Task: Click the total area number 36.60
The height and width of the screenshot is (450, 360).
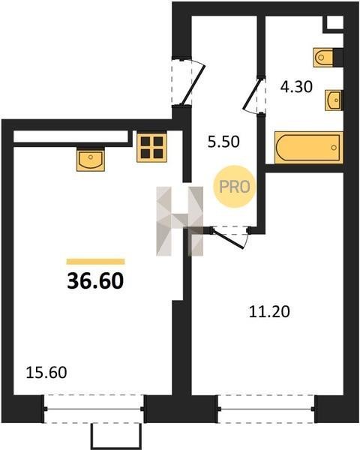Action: [x=95, y=280]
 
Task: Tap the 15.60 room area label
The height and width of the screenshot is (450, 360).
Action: [x=46, y=373]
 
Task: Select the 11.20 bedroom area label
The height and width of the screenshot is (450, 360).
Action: [x=269, y=312]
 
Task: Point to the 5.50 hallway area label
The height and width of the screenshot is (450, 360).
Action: [x=223, y=142]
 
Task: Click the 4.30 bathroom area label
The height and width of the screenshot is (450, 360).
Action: [x=296, y=87]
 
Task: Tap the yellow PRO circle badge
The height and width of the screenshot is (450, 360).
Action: [x=234, y=187]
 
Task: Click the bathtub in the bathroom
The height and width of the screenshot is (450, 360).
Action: [x=309, y=148]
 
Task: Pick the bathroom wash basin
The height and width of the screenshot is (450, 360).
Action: [x=334, y=100]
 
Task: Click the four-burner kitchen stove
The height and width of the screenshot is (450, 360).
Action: [x=151, y=147]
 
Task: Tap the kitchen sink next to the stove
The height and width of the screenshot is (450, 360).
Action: [x=91, y=159]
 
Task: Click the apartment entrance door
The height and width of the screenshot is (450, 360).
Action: [x=188, y=82]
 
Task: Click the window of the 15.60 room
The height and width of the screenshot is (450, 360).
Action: [x=94, y=409]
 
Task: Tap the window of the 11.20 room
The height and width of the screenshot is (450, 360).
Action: [x=266, y=409]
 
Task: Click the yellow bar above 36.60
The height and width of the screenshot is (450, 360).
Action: [x=95, y=262]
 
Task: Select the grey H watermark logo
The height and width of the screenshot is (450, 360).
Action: [x=180, y=221]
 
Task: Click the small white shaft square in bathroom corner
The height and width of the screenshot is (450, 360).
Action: [x=335, y=22]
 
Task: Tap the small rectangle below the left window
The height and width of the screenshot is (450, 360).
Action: [x=116, y=436]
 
